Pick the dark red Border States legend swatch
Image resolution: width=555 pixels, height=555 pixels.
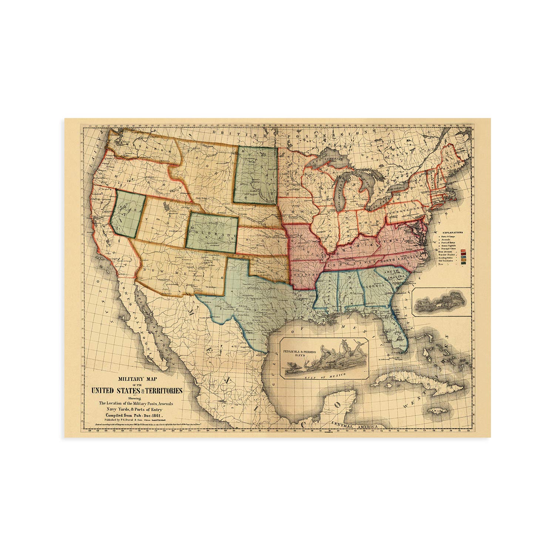click(462, 255)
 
